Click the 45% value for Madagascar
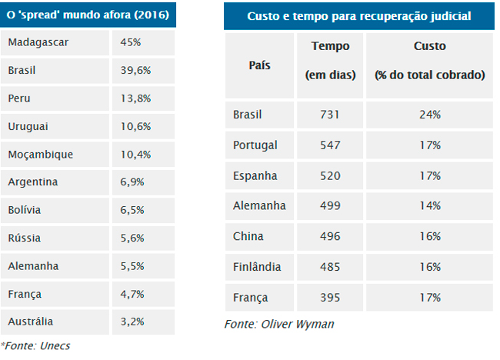coord(131,42)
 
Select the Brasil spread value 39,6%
coord(135,70)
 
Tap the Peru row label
coord(19,98)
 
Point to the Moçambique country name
coord(41,155)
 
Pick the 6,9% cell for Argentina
coord(132,182)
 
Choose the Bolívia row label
coord(25,210)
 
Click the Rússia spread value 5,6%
coord(132,238)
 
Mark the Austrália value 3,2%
coord(132,322)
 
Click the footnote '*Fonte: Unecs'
coord(35,345)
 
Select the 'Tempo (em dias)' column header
coord(330,61)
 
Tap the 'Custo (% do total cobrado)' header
coord(430,61)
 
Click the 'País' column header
coord(259,65)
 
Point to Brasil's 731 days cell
coord(330,115)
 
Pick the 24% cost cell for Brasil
coord(430,115)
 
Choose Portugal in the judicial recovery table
coord(255,145)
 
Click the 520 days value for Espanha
coord(330,175)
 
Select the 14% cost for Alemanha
coord(430,205)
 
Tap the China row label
coord(248,236)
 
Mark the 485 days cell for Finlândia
coord(330,267)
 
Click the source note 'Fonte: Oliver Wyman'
coord(279,324)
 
